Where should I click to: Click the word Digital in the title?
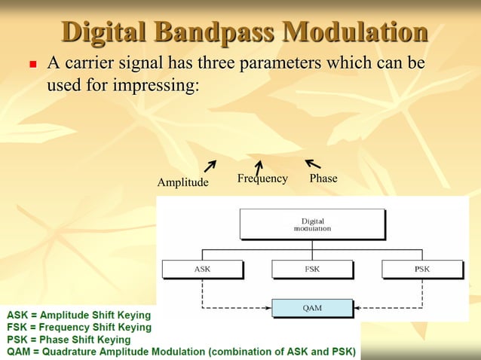point(105,32)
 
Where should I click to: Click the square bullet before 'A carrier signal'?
point(32,66)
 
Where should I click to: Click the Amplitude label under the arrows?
point(182,182)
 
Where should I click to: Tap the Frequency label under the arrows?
point(262,178)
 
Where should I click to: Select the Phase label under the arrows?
point(323,178)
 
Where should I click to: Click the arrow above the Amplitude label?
point(210,165)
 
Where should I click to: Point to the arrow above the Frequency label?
point(259,166)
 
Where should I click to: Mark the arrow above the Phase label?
point(312,163)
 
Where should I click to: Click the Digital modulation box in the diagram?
point(311,224)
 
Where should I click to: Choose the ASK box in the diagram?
point(202,269)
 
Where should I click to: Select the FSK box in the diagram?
point(311,269)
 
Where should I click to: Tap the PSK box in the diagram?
point(421,269)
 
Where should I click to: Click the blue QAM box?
point(312,307)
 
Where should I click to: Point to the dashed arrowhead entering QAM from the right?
point(357,307)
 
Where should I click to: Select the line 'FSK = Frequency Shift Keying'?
point(79,328)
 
